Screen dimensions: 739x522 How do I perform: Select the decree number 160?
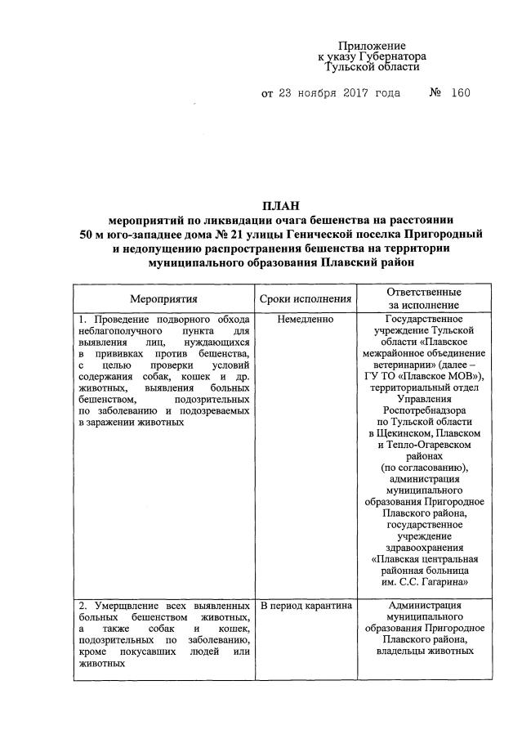[460, 93]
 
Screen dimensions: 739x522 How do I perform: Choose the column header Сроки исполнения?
[306, 300]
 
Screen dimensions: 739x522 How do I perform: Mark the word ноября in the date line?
[302, 93]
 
